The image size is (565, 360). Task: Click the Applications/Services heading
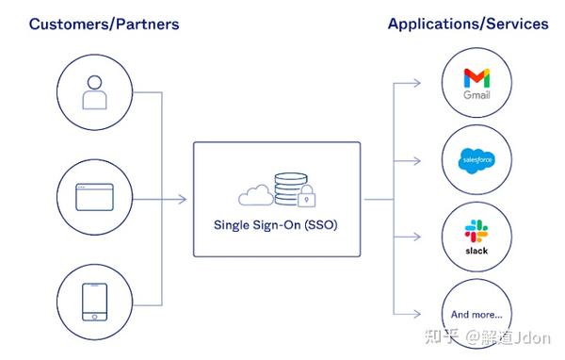tap(467, 24)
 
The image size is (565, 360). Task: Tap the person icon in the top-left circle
tap(93, 92)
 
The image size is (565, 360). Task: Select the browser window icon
tap(93, 199)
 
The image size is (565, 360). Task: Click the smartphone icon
tap(93, 302)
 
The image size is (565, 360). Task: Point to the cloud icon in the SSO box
tap(255, 195)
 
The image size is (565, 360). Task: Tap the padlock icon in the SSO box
tap(306, 199)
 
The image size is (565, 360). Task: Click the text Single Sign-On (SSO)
tap(276, 226)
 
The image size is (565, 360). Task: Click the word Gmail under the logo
tap(476, 96)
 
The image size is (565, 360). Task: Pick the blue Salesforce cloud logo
tap(476, 160)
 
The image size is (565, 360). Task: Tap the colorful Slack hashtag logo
tap(476, 232)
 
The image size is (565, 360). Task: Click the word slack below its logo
tap(476, 252)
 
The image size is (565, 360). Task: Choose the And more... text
tap(476, 314)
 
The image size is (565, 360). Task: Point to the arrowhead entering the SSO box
tap(186, 199)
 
